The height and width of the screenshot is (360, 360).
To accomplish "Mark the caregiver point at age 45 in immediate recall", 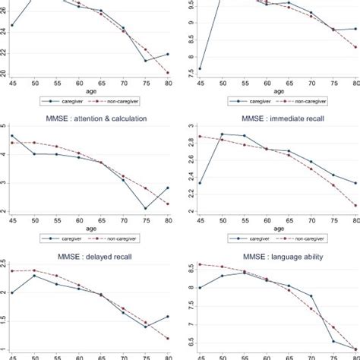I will [x=200, y=183].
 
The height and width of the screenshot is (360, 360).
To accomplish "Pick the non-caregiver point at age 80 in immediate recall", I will [x=355, y=205].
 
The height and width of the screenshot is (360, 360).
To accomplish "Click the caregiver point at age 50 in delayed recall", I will [x=34, y=276].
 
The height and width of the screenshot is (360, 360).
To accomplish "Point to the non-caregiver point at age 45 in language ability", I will [x=200, y=264].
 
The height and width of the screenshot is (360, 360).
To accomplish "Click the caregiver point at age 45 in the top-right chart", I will [x=200, y=68].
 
